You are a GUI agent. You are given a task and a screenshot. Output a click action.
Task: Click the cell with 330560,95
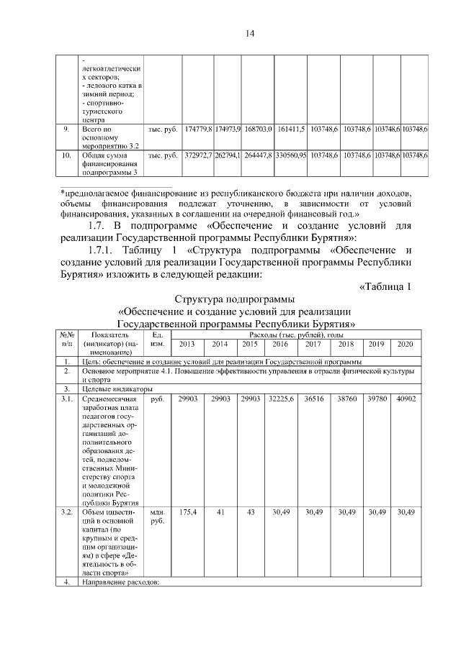click(x=290, y=155)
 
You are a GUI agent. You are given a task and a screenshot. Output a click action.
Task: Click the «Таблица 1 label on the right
click(x=384, y=287)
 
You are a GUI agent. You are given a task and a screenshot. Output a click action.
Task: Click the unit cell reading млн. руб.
click(x=156, y=516)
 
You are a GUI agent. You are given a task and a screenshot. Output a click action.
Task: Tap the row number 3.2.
click(x=66, y=511)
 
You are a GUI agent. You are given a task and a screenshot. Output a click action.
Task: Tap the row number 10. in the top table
click(x=66, y=155)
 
